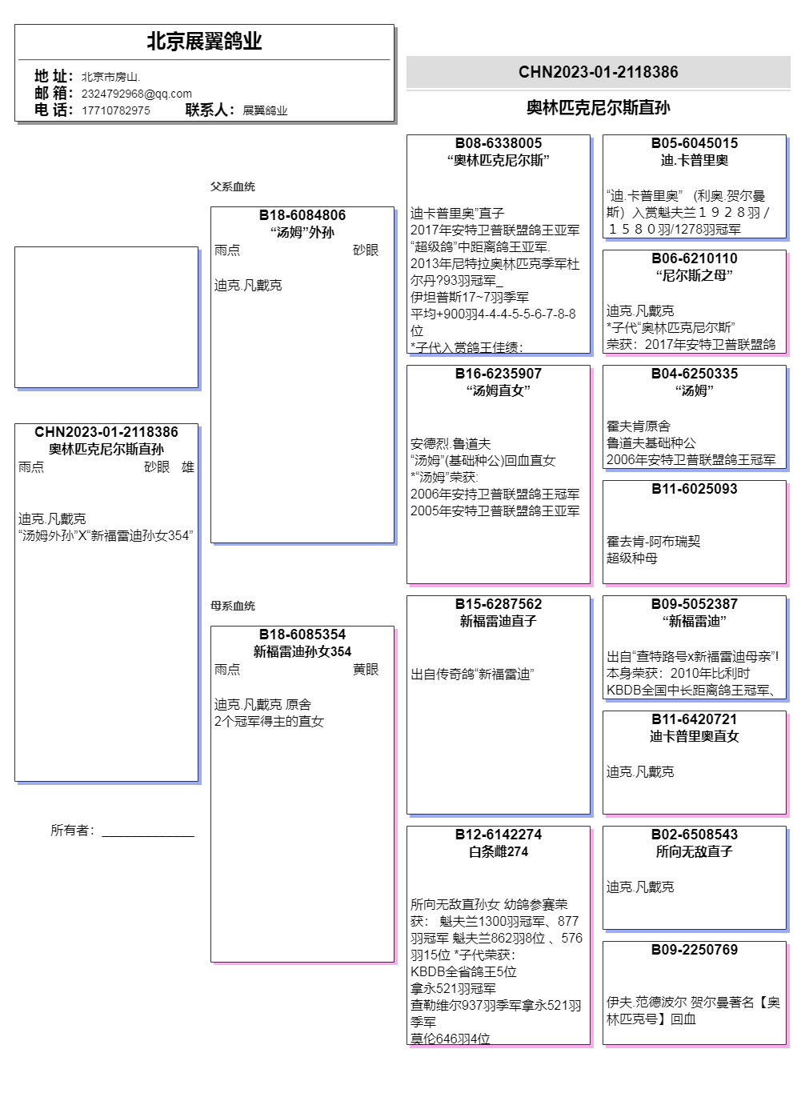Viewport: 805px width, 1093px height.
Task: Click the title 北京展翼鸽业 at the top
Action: [204, 42]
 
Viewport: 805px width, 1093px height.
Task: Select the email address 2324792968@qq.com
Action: [136, 94]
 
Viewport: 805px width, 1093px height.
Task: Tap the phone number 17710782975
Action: [115, 110]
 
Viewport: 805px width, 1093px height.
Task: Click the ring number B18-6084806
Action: [302, 215]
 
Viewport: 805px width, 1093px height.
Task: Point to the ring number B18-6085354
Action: [302, 635]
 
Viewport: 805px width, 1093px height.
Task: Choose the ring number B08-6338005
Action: [499, 143]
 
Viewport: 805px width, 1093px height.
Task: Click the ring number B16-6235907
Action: [499, 374]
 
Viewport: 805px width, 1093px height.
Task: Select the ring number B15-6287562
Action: [499, 604]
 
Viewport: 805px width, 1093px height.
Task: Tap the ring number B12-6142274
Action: [499, 835]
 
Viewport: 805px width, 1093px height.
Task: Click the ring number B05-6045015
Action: [695, 143]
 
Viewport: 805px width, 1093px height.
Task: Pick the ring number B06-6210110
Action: [695, 258]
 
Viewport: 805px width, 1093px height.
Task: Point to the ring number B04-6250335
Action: [695, 374]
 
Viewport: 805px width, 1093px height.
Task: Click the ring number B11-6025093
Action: [695, 489]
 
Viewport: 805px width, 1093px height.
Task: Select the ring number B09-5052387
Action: [695, 604]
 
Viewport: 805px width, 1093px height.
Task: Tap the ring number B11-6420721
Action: [695, 719]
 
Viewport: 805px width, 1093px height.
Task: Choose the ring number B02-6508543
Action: [695, 835]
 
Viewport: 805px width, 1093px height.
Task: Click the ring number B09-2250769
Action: [695, 950]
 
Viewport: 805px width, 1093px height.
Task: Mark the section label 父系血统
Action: [233, 186]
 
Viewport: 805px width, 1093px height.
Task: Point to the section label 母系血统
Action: [233, 606]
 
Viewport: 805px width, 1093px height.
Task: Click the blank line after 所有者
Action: [148, 832]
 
